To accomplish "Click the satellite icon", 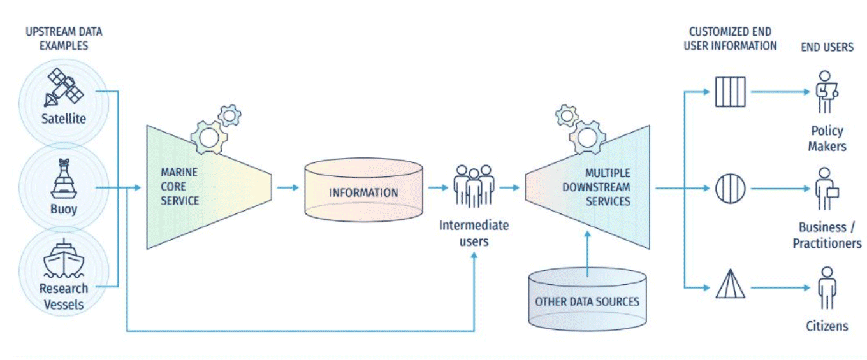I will click(64, 89).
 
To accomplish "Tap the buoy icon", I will click(64, 180).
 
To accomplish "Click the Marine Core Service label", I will click(179, 187).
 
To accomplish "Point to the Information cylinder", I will click(363, 192).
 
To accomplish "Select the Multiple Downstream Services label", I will click(608, 187).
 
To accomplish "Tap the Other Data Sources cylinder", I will click(587, 301).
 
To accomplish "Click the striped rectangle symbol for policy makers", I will click(730, 91).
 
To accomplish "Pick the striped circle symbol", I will click(730, 189).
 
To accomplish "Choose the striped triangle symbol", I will click(730, 284).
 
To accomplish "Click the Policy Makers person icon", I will click(827, 92).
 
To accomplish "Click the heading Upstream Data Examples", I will click(63, 38).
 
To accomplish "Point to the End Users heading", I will click(827, 47).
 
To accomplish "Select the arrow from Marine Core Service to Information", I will click(288, 188).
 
